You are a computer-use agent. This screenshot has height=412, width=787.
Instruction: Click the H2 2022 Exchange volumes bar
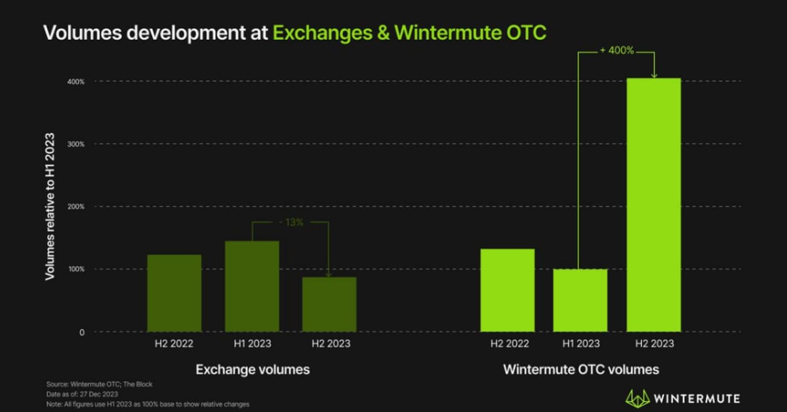(x=174, y=293)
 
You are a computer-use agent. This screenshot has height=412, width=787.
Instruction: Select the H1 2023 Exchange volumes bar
(x=252, y=286)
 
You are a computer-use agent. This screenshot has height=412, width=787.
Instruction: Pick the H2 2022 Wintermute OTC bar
(x=507, y=290)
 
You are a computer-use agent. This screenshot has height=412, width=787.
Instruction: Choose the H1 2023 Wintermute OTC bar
(x=580, y=300)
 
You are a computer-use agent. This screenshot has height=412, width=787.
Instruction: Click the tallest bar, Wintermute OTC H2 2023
(x=654, y=205)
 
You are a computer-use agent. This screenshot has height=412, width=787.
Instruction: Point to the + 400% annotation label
(x=616, y=51)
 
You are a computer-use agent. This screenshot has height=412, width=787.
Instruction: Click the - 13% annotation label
(x=290, y=222)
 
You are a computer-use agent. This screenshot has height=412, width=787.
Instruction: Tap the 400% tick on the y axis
(x=75, y=81)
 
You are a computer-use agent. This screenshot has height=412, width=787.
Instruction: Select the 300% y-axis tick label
(x=75, y=144)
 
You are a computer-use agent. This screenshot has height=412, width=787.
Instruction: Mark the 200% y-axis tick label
(x=75, y=207)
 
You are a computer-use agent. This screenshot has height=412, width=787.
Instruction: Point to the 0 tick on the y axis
(x=82, y=332)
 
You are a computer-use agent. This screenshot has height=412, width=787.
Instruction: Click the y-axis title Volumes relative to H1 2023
(x=49, y=207)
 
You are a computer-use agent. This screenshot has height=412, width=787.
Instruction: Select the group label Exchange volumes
(x=252, y=370)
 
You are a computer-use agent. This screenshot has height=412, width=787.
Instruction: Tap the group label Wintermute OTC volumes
(x=580, y=370)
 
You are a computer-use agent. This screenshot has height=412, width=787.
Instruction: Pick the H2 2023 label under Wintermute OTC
(x=654, y=343)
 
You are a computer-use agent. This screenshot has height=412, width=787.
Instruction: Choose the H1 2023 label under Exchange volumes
(x=252, y=343)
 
